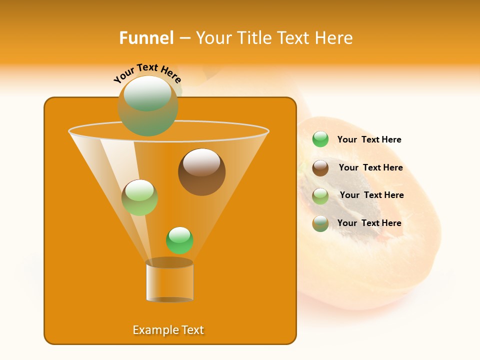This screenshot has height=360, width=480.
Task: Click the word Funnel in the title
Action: click(x=146, y=38)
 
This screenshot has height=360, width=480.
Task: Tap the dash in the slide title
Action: click(x=184, y=38)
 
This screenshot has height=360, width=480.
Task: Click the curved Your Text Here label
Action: click(x=147, y=73)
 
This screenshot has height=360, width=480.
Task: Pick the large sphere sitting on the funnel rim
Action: click(x=147, y=106)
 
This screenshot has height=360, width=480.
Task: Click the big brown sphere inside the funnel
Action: click(x=201, y=172)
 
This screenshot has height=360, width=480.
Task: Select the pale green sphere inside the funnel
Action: click(x=139, y=197)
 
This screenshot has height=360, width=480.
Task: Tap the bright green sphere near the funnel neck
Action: click(x=179, y=240)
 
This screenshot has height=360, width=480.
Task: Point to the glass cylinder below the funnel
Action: click(x=169, y=280)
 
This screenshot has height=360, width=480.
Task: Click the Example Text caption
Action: click(x=168, y=330)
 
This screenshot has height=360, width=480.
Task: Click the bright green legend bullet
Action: click(x=320, y=139)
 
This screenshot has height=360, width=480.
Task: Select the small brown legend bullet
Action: click(x=320, y=168)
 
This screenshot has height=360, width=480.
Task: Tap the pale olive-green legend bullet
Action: click(x=320, y=196)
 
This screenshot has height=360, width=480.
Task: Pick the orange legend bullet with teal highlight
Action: click(x=320, y=223)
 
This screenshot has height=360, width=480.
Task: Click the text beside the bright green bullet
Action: click(x=369, y=139)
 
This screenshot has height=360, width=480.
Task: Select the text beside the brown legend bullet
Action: click(x=370, y=167)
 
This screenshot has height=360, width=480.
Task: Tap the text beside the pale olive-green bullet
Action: click(x=371, y=195)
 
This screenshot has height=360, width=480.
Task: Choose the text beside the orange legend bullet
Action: click(x=369, y=223)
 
